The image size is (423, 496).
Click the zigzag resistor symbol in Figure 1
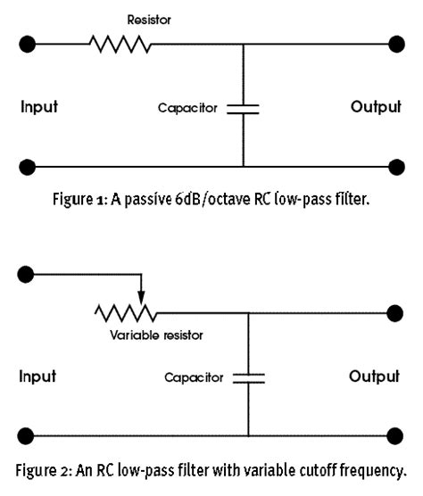120,44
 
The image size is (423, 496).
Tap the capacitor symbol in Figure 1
243,109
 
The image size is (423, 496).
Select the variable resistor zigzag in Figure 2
126,313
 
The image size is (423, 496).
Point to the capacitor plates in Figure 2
249,378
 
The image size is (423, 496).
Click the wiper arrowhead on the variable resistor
141,298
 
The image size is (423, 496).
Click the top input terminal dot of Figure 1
27,44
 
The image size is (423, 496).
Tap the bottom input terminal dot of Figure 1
27,167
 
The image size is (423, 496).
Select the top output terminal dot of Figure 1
396,44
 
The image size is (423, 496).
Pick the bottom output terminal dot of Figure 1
396,167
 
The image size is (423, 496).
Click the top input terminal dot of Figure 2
26,274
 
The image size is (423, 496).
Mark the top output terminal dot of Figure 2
394,313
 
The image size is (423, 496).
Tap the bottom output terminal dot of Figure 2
394,436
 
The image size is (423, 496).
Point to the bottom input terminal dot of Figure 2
26,436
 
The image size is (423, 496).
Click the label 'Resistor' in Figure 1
149,20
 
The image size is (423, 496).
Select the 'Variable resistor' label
156,335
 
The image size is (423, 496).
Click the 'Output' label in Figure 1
376,106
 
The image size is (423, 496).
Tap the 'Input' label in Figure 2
37,376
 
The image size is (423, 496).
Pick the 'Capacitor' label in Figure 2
194,377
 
